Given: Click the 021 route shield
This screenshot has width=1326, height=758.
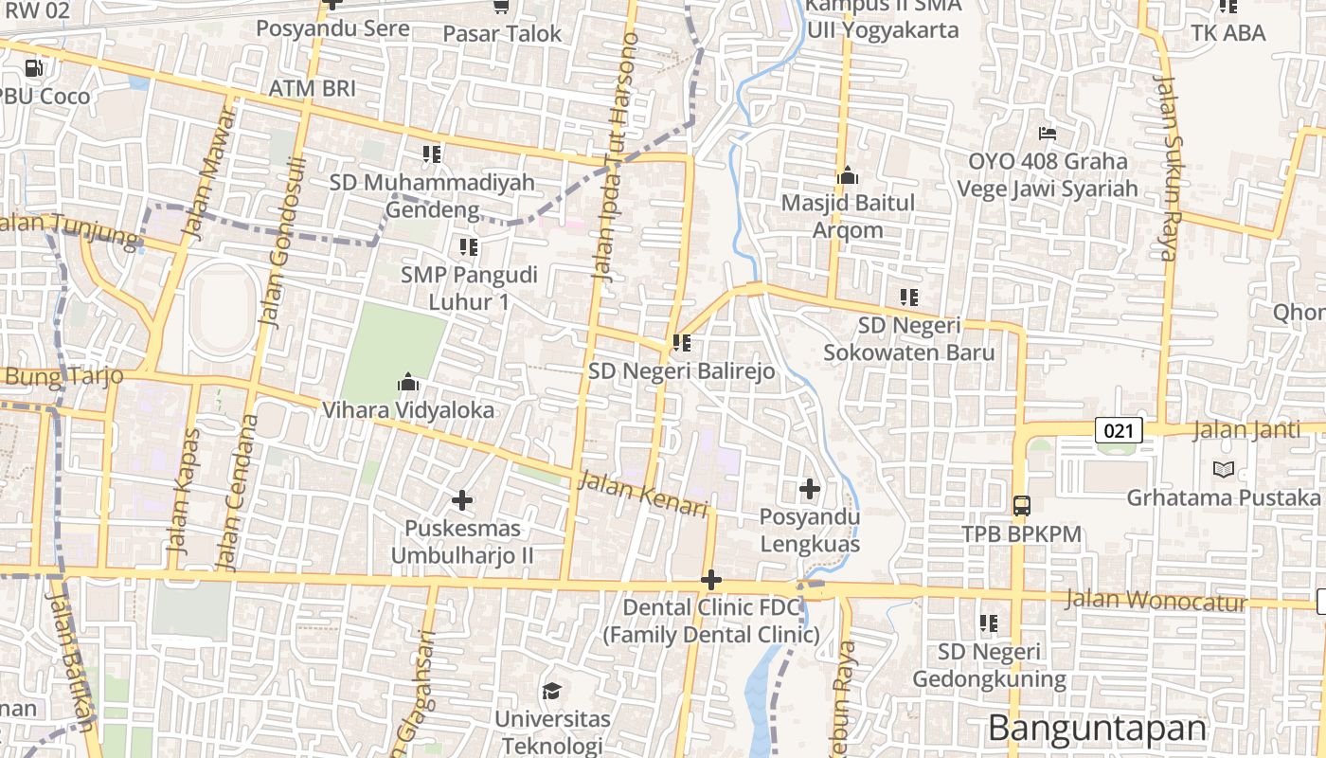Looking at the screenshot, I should pyautogui.click(x=1119, y=431).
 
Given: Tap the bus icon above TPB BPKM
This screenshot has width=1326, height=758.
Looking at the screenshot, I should pyautogui.click(x=1022, y=505).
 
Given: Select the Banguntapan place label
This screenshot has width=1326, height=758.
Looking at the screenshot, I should pyautogui.click(x=1097, y=728).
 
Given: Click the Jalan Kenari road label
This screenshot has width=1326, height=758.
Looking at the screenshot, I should pyautogui.click(x=643, y=495).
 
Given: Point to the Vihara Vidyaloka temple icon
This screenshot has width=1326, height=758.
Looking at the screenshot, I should pyautogui.click(x=408, y=383).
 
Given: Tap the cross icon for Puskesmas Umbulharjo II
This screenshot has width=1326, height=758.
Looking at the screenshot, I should pyautogui.click(x=462, y=499).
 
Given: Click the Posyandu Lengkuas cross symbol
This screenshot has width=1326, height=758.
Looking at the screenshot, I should pyautogui.click(x=810, y=489).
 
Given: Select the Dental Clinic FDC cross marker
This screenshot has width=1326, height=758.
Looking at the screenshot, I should pyautogui.click(x=711, y=580).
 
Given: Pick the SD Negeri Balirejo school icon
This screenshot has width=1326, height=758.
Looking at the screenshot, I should pyautogui.click(x=682, y=343).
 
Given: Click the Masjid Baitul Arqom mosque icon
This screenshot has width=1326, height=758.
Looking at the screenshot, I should pyautogui.click(x=848, y=175).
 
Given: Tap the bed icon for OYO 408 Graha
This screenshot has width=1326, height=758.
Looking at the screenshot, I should pyautogui.click(x=1048, y=133).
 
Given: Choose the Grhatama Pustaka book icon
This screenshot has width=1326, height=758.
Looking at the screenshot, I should pyautogui.click(x=1224, y=469).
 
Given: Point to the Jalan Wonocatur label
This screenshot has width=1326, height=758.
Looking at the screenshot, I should pyautogui.click(x=1156, y=600).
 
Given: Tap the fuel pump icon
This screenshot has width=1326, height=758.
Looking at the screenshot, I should pyautogui.click(x=34, y=67).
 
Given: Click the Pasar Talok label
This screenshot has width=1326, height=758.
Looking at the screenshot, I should pyautogui.click(x=502, y=33).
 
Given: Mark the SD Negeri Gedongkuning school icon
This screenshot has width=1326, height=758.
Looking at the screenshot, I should pyautogui.click(x=989, y=623).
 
